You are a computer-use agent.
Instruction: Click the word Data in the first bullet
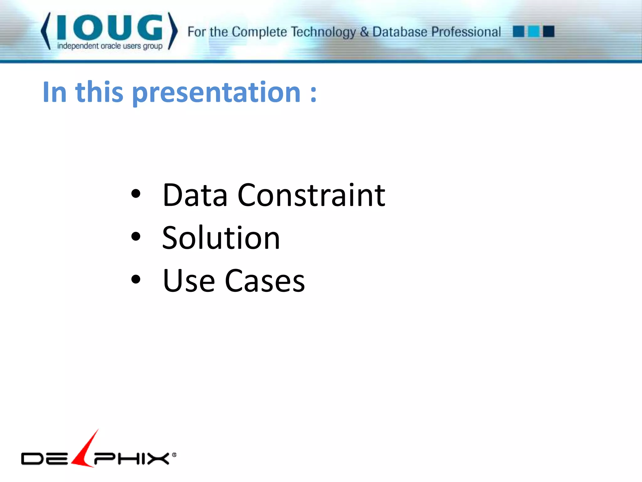pos(195,195)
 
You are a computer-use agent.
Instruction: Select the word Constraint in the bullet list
pos(311,195)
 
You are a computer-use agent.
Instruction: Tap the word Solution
pos(221,238)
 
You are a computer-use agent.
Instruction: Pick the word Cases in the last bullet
pos(265,281)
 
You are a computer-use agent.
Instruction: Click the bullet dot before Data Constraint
pos(136,194)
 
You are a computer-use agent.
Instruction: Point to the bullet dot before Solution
pos(136,237)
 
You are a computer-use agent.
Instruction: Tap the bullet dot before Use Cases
pos(136,279)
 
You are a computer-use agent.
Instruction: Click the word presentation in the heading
pos(217,93)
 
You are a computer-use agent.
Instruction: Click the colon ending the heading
pos(313,94)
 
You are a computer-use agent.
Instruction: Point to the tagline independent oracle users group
pos(110,46)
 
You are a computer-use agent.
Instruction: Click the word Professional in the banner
pos(466,32)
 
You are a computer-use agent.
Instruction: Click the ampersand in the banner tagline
pos(364,32)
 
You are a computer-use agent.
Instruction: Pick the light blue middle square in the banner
pos(534,31)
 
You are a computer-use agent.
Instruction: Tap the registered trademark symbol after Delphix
pos(174,455)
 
